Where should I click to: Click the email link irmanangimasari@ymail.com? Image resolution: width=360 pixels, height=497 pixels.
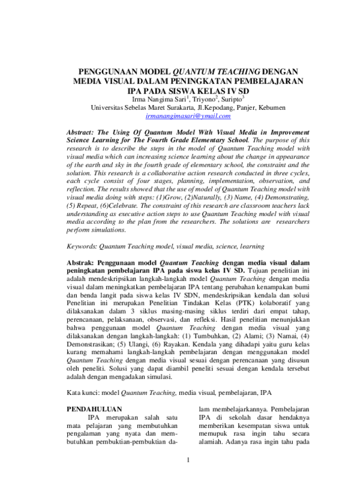pyautogui.click(x=180, y=115)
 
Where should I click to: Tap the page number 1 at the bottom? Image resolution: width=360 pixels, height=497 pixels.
pyautogui.click(x=188, y=477)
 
